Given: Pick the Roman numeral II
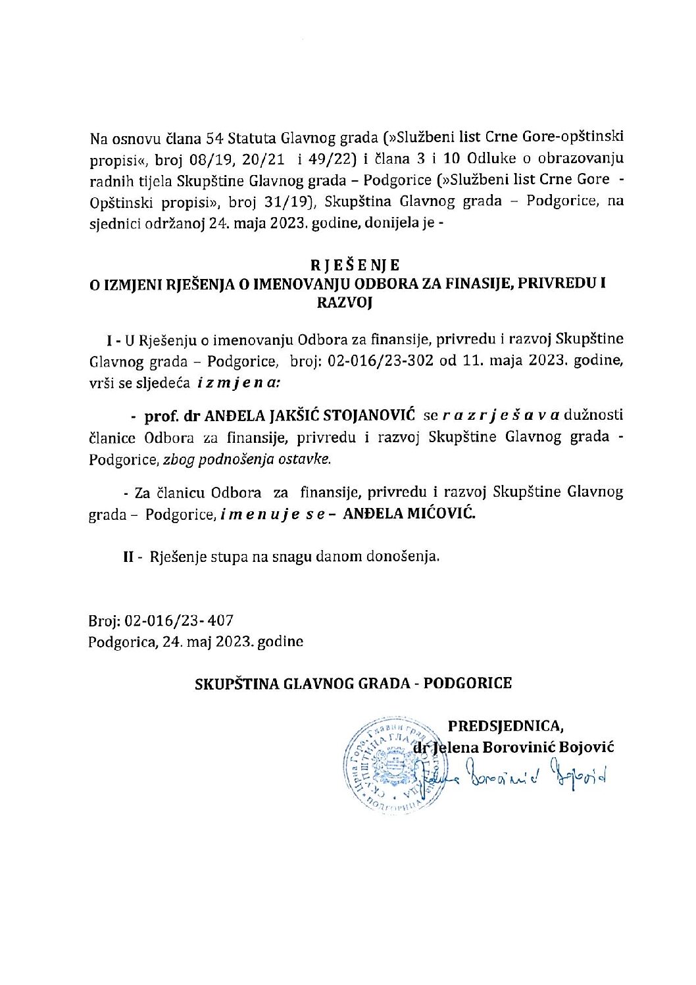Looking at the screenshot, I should (129, 557).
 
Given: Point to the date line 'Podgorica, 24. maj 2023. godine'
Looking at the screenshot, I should (196, 642).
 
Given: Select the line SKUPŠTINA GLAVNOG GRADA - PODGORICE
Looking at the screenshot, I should (353, 683).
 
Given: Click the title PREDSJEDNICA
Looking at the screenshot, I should (505, 726).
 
